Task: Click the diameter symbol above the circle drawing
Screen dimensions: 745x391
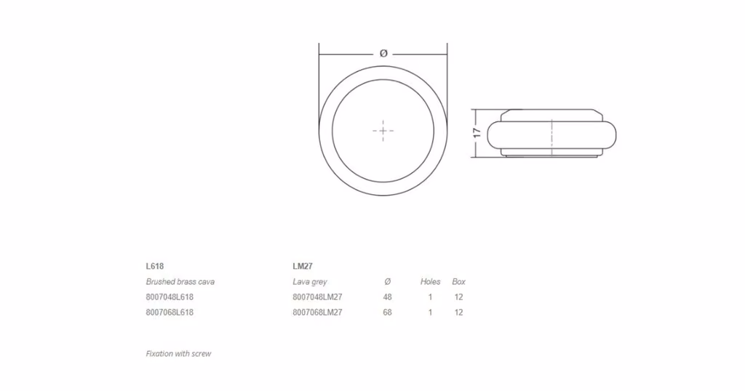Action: (383, 54)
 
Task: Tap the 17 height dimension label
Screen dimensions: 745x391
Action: (477, 133)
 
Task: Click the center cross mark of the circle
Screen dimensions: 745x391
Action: (383, 131)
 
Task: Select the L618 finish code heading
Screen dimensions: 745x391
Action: (155, 266)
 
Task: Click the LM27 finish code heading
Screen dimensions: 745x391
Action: (303, 266)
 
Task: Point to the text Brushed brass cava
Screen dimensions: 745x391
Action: (180, 281)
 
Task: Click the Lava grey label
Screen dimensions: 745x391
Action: (310, 282)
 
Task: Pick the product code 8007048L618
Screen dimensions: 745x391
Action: (170, 297)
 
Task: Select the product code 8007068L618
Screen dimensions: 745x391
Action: (170, 313)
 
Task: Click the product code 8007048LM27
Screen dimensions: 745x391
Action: (317, 297)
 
